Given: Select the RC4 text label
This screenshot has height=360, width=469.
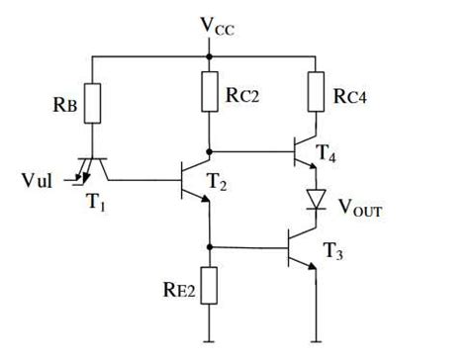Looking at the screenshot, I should coord(351,96).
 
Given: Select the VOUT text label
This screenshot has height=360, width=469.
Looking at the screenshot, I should coord(359,210).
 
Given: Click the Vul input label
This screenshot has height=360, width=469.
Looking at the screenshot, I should coord(39,181).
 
